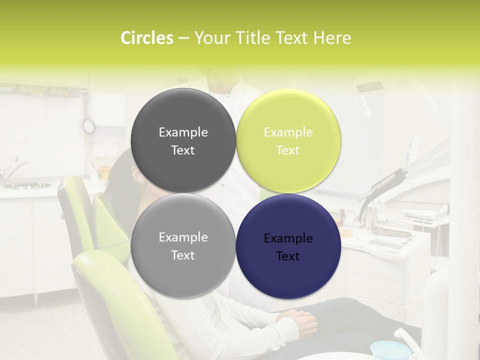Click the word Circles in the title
146,38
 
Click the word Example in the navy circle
288,238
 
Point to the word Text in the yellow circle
288,150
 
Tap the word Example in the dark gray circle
183,132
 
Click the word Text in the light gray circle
183,255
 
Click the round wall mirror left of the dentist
88,126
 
